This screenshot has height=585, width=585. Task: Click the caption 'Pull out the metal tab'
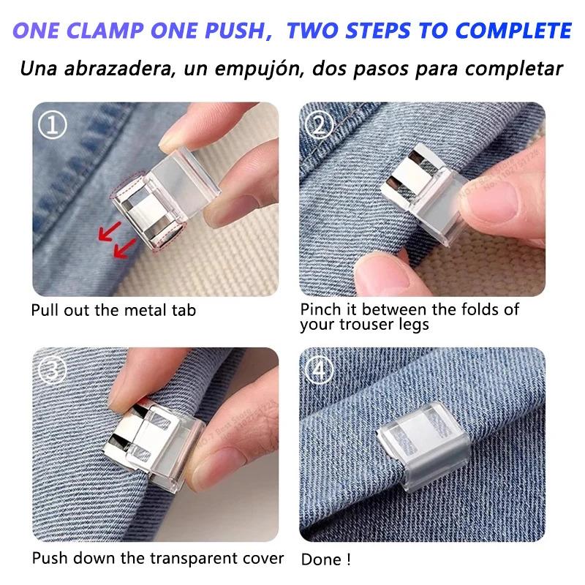[x=113, y=309]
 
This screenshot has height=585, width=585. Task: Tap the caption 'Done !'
[x=326, y=560]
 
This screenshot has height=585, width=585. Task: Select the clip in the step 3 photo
[x=157, y=442]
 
